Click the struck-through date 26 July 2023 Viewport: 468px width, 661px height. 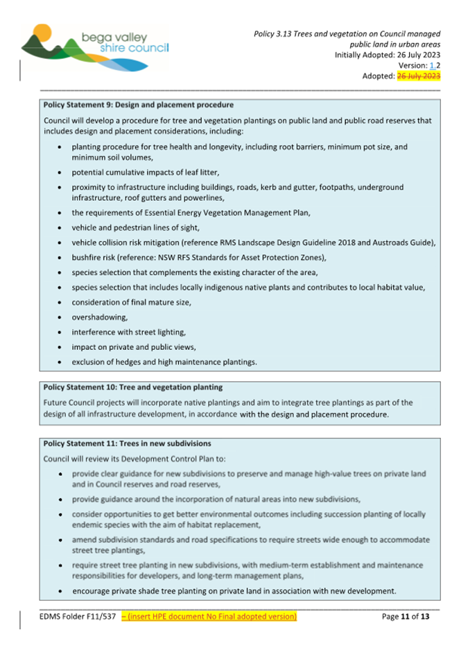click(418, 76)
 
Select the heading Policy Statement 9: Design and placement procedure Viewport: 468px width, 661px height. click(138, 105)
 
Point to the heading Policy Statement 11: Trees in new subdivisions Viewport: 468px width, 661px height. click(127, 443)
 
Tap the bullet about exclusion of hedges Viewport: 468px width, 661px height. click(164, 362)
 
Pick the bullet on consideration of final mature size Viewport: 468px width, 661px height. click(131, 302)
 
